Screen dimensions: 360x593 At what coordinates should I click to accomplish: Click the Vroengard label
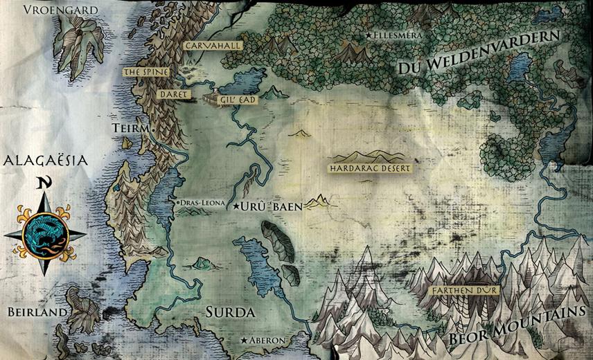pos(60,10)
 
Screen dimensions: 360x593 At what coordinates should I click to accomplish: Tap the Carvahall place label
pos(204,45)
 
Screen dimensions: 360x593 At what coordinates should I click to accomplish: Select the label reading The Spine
pos(145,72)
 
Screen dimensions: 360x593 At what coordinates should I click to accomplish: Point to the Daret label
pos(169,93)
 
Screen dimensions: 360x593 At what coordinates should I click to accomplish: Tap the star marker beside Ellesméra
pos(369,35)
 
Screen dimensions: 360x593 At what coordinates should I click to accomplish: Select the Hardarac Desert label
pos(371,168)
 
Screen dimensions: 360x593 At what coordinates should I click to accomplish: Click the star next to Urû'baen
pos(236,207)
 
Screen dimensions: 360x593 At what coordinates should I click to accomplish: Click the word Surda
pos(230,312)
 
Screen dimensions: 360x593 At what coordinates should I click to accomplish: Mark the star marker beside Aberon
pos(244,341)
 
